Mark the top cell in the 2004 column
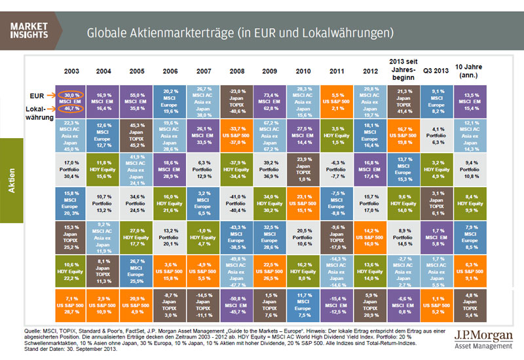point(103,101)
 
